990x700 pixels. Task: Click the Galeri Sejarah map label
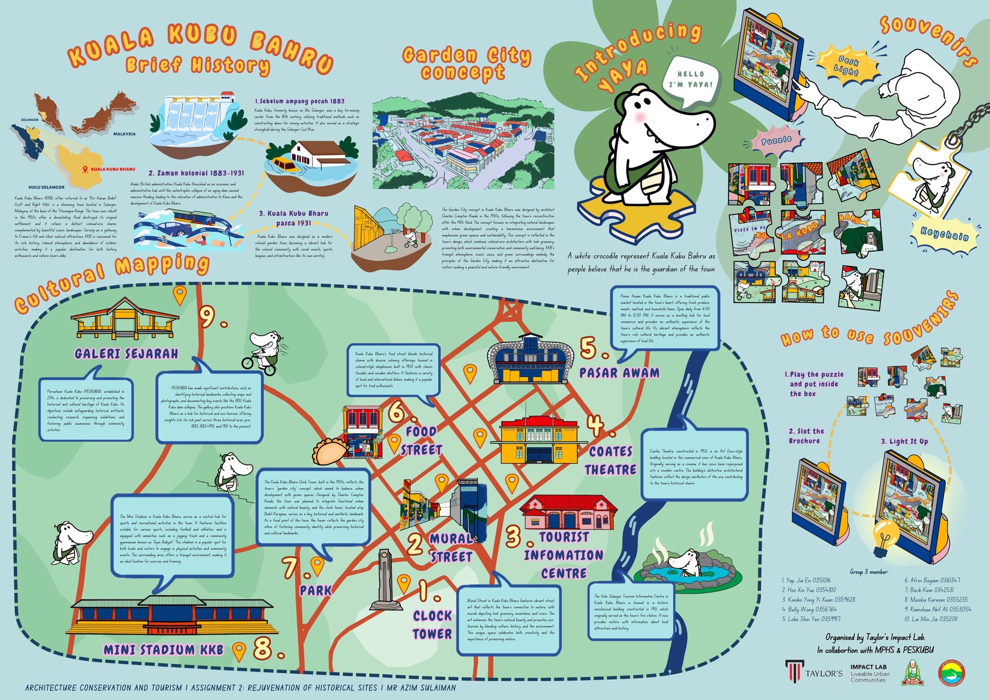[x=126, y=354]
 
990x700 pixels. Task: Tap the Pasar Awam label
[x=619, y=373]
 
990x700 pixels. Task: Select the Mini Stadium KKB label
[x=164, y=649]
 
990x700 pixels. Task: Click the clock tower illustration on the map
[x=384, y=580]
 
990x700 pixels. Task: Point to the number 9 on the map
[x=207, y=317]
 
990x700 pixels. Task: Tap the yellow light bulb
[x=885, y=537]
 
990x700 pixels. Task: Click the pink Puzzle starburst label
[x=777, y=140]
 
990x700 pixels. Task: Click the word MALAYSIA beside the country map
[x=124, y=134]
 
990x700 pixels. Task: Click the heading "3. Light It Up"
[x=904, y=441]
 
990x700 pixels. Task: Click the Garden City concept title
[x=466, y=63]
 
